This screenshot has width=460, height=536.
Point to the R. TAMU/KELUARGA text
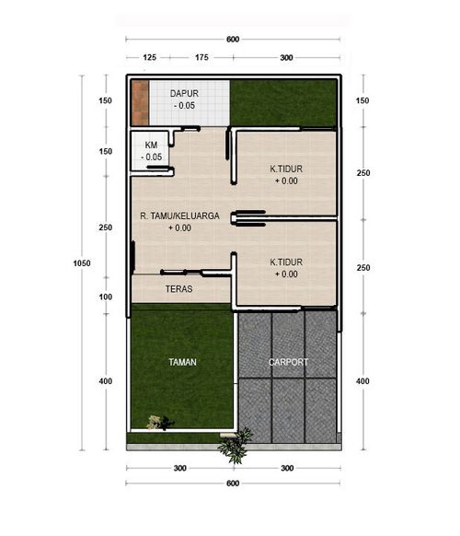click(178, 216)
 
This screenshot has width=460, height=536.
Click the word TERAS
click(178, 288)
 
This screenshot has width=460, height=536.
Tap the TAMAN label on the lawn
click(180, 362)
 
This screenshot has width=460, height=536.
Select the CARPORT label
click(288, 362)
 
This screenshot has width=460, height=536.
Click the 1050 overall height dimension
click(82, 262)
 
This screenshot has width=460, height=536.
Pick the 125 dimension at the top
click(150, 57)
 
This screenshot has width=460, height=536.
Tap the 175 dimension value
click(201, 57)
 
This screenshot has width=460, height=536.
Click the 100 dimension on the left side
click(106, 297)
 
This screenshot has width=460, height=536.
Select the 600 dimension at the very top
click(232, 39)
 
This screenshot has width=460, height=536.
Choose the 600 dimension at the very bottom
click(232, 484)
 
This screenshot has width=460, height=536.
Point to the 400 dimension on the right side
click(362, 381)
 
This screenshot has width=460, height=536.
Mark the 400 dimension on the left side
click(106, 381)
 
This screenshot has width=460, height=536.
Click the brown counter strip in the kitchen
click(139, 102)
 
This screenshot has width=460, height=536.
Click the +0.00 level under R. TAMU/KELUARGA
click(179, 227)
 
